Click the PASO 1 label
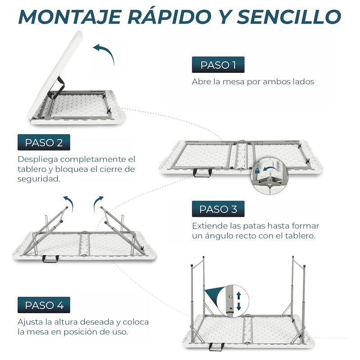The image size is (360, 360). [218, 65]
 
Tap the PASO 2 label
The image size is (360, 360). [44, 142]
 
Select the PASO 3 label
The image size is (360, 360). [218, 209]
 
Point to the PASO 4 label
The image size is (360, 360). [44, 305]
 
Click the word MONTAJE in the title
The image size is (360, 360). [70, 17]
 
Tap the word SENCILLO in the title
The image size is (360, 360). [289, 17]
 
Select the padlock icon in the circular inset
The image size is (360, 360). [257, 171]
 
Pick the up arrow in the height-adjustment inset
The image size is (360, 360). [238, 296]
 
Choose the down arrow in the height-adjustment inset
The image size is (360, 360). [238, 306]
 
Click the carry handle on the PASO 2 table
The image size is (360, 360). [202, 173]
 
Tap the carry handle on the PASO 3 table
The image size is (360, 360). [50, 259]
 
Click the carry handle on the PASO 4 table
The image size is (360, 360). [216, 346]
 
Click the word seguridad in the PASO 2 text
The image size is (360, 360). [39, 179]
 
